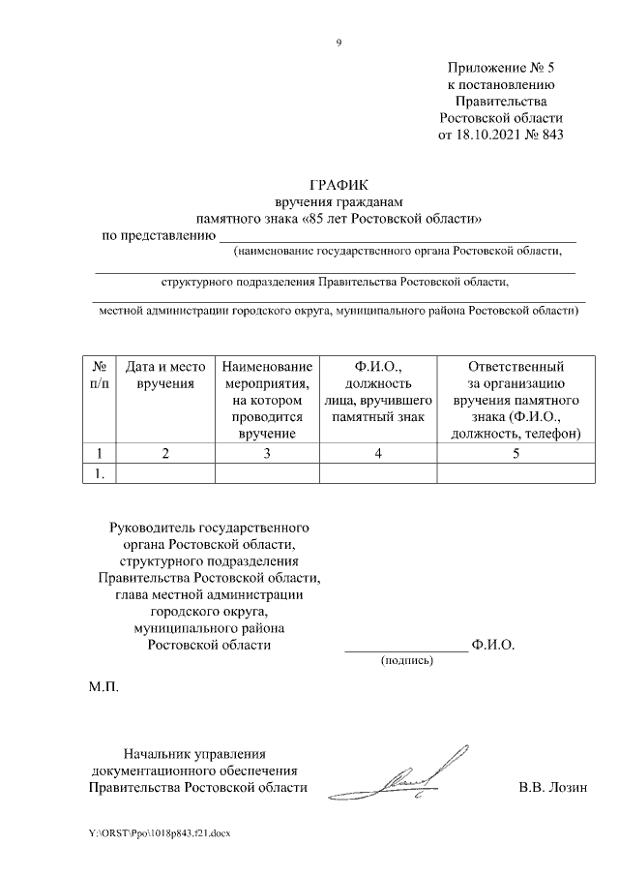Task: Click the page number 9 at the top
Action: [339, 42]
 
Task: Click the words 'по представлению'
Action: [159, 235]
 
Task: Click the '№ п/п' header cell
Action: [99, 376]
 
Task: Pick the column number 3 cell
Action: [266, 453]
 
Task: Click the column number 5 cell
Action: [515, 453]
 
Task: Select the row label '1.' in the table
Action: [99, 472]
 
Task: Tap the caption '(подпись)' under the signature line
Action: [407, 660]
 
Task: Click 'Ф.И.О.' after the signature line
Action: [492, 644]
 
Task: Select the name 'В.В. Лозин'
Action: [552, 787]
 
